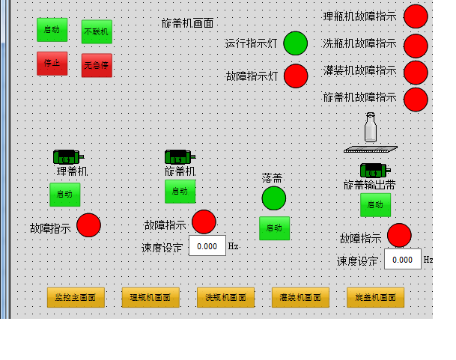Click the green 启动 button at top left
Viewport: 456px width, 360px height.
point(52,30)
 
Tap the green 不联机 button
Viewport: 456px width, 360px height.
point(97,32)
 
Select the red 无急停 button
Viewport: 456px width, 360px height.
point(97,65)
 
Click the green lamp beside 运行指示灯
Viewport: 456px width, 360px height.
point(296,43)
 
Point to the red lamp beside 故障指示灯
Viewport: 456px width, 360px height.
point(296,76)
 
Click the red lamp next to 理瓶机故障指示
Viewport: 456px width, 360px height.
point(416,16)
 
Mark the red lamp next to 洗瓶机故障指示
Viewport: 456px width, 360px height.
point(416,46)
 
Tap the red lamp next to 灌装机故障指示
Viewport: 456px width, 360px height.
point(416,72)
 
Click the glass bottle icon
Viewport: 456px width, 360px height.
point(370,128)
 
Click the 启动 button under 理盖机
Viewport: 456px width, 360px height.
point(65,194)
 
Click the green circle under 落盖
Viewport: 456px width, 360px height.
point(274,198)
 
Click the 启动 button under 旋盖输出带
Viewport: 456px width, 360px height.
point(375,204)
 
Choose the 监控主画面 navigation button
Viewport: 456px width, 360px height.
point(76,297)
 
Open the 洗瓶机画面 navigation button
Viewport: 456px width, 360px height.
point(225,297)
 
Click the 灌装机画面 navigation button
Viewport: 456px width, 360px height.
point(300,297)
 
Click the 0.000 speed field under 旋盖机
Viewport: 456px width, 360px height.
point(207,245)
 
